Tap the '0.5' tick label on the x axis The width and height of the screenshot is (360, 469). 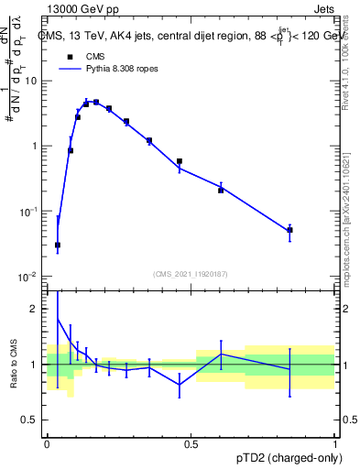click(191, 443)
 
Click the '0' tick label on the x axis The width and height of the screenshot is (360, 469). click(46, 443)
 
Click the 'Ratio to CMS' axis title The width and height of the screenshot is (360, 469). click(14, 364)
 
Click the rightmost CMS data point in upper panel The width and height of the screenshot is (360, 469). click(289, 230)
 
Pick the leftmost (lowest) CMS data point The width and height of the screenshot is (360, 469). click(58, 245)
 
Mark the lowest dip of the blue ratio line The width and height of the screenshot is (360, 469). click(180, 385)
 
